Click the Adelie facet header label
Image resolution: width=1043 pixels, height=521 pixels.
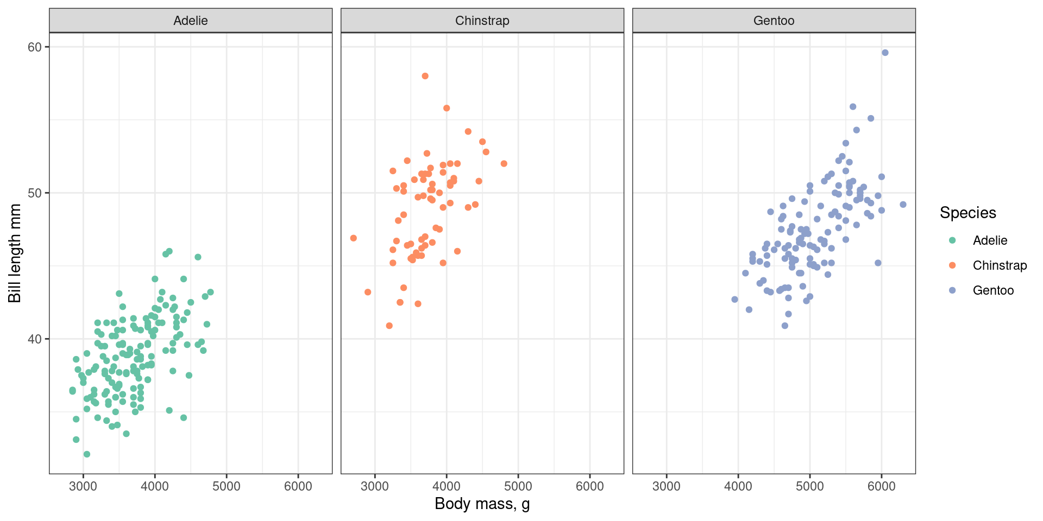pos(190,21)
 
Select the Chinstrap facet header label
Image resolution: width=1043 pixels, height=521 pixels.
pos(482,21)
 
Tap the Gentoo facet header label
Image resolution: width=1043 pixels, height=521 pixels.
pos(774,21)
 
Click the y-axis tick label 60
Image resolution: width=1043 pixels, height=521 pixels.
pos(34,47)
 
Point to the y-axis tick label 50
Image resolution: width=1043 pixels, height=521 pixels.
pos(34,193)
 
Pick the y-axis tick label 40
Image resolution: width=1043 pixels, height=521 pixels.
pos(34,339)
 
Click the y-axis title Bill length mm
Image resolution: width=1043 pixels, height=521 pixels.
pos(15,253)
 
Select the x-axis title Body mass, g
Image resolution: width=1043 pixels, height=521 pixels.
pos(482,504)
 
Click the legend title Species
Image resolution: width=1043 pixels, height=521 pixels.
pos(967,213)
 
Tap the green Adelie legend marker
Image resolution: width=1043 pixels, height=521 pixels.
pos(952,240)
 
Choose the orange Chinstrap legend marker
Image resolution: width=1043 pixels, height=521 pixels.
pos(952,265)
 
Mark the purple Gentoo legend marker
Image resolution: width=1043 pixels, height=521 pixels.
pos(952,290)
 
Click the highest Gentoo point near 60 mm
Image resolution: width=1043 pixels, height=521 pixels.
pos(885,53)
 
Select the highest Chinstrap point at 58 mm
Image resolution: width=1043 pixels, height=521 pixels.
pos(425,76)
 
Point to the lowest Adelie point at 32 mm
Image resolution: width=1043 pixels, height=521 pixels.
pos(87,454)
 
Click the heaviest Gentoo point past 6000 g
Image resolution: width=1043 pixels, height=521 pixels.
pos(903,205)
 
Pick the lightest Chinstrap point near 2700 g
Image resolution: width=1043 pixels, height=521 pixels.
pos(354,238)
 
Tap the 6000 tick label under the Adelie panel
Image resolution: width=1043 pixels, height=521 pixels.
pos(298,486)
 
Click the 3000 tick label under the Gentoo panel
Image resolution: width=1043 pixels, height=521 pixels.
pos(667,486)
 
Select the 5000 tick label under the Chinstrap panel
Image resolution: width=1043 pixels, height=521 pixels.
pos(518,486)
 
